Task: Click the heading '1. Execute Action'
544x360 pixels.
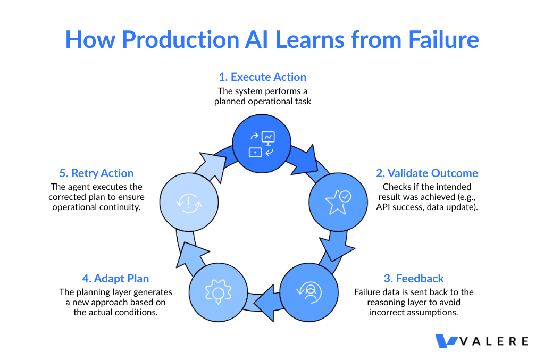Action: tap(263, 77)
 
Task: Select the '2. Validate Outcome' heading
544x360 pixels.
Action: tap(427, 173)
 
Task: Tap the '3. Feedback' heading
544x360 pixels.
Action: tap(414, 279)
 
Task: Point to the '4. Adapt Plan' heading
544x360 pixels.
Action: tap(115, 279)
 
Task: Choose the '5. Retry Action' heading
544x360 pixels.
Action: tap(97, 173)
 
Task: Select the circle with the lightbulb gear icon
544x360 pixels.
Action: tap(218, 291)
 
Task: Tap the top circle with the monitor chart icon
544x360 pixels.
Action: tap(262, 144)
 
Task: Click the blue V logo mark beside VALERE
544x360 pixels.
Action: tap(446, 341)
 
